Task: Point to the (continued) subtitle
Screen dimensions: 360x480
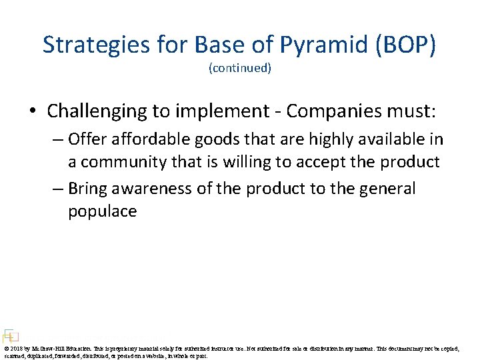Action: point(240,68)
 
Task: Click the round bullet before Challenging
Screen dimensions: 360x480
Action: point(36,110)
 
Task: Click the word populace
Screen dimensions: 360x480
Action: point(102,211)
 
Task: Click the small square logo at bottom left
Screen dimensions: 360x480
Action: point(10,335)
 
